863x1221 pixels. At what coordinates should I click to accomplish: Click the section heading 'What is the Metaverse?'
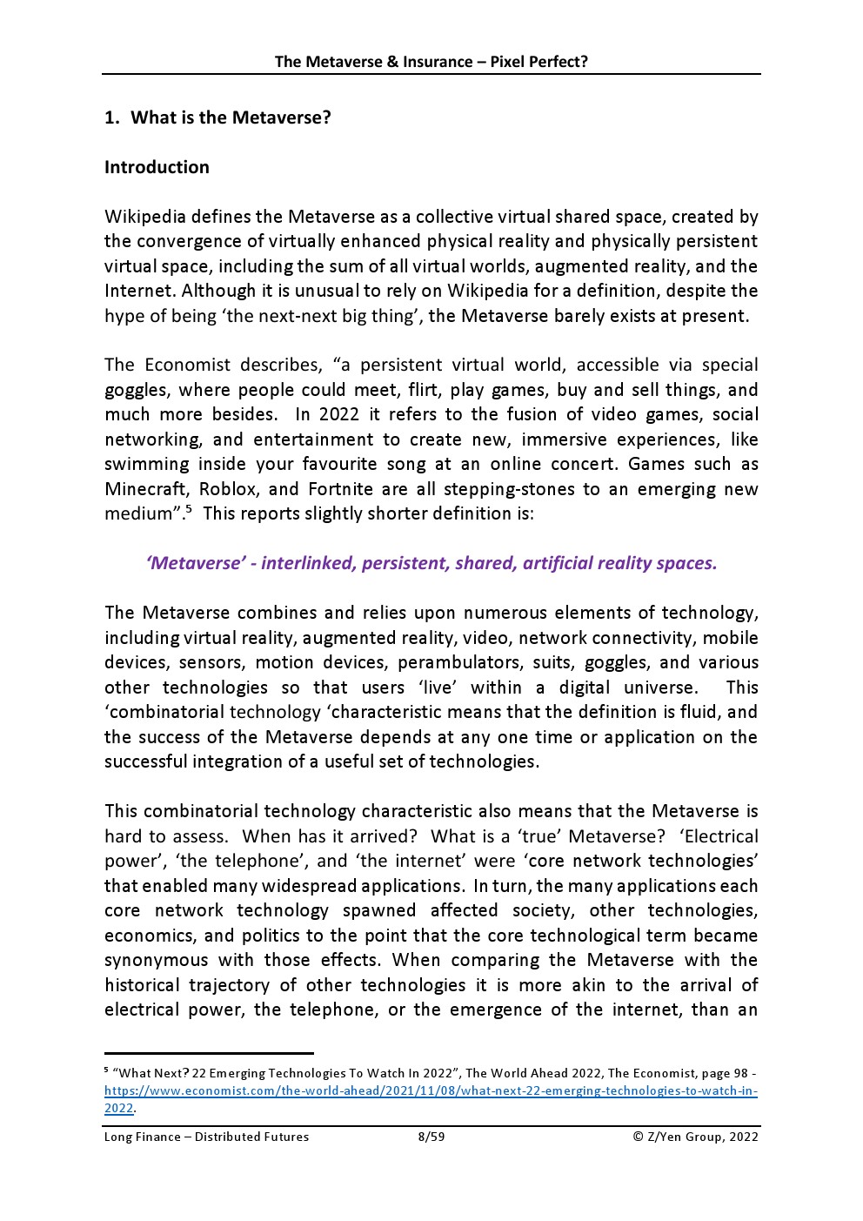click(x=231, y=117)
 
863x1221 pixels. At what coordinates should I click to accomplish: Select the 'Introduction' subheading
click(x=157, y=167)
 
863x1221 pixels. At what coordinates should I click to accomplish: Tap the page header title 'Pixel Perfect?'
click(x=539, y=61)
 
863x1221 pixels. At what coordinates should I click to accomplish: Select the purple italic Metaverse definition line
click(x=431, y=563)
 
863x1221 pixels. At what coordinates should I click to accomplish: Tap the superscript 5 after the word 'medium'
click(x=189, y=508)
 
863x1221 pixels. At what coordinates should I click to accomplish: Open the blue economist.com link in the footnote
click(x=431, y=1090)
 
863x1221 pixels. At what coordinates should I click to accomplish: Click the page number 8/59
click(x=431, y=1137)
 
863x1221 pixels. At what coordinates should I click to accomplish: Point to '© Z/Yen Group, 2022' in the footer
click(x=695, y=1137)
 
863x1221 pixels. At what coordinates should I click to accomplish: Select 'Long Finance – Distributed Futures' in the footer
click(x=206, y=1137)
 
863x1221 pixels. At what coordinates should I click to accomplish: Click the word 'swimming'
click(x=144, y=464)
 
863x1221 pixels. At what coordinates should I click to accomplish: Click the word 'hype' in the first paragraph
click(x=124, y=316)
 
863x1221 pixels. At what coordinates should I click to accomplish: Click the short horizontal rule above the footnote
click(x=209, y=1053)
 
